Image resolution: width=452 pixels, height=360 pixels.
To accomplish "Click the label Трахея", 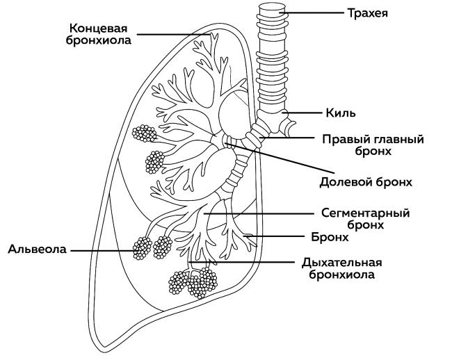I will [x=368, y=13].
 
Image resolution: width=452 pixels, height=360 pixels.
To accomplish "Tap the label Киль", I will [x=341, y=112].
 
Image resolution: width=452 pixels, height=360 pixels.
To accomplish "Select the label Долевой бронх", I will [x=366, y=182].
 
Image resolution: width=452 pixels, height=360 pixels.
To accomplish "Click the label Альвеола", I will [x=38, y=249].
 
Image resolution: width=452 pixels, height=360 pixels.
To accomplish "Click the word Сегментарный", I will [x=365, y=213].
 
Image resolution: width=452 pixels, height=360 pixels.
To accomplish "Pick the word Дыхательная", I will [x=342, y=262].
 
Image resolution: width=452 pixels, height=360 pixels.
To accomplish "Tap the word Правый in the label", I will [x=342, y=139].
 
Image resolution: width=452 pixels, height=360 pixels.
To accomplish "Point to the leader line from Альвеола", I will [x=104, y=249].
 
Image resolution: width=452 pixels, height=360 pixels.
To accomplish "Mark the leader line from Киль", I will [x=302, y=112].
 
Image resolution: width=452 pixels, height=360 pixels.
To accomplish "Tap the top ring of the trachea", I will [x=271, y=10].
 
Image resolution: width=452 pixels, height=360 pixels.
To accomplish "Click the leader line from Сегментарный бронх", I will [x=264, y=213].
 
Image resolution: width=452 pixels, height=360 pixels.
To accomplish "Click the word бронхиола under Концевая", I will [x=101, y=40].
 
